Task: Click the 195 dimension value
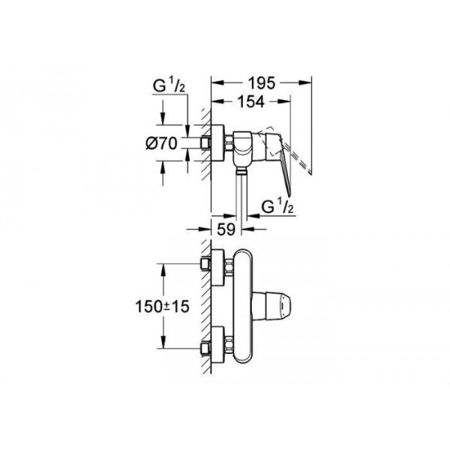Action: tap(262, 83)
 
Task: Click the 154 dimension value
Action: tap(250, 101)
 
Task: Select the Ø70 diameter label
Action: tap(161, 143)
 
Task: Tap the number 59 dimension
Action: tap(226, 229)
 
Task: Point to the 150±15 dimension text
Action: tap(163, 307)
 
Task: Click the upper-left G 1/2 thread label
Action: tap(169, 85)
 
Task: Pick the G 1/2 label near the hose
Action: tap(277, 206)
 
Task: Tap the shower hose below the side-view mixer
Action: tap(241, 198)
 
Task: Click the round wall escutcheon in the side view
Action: tap(217, 142)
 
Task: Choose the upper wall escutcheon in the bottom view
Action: tap(217, 268)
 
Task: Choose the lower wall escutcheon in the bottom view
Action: tap(217, 345)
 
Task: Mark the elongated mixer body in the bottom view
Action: tap(243, 306)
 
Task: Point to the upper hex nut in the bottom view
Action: tap(229, 268)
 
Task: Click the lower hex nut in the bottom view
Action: tap(229, 345)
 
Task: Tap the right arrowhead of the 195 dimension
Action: tap(305, 83)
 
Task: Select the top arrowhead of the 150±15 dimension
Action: tap(163, 270)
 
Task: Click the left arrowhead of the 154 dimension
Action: tap(217, 101)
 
